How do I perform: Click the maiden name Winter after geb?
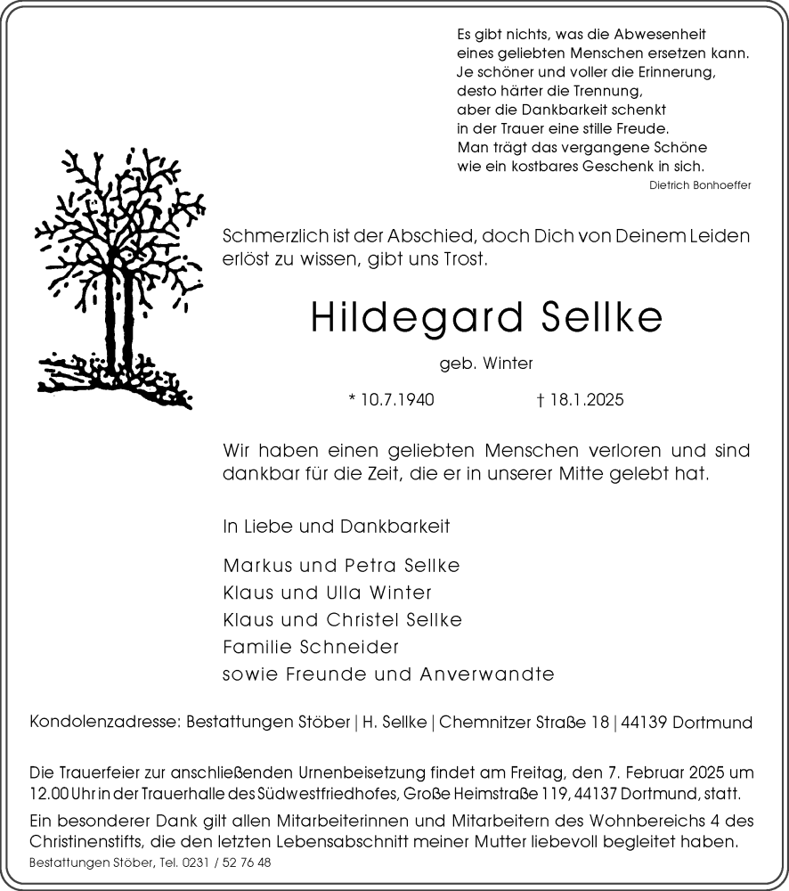pos(509,364)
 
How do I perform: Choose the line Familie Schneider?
pos(311,647)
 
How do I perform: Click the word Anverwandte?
pos(484,674)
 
